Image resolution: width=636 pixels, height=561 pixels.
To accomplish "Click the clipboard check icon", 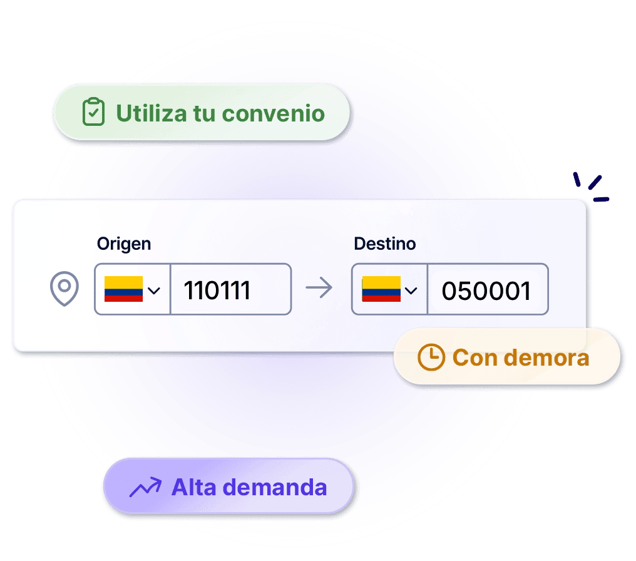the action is (93, 111).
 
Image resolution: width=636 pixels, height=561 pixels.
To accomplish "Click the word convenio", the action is (274, 113).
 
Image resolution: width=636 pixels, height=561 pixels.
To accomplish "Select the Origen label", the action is (124, 244).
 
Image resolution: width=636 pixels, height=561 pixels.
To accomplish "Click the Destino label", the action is (384, 244).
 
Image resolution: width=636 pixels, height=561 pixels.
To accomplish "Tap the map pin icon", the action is (64, 289).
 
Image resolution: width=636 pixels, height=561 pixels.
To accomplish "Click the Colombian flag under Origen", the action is (124, 289).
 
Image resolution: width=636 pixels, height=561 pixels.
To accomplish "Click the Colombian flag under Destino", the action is (381, 289).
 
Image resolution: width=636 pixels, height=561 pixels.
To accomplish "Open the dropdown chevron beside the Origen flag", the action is (154, 291).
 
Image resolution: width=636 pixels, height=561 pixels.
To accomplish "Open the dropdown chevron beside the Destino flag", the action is (411, 291).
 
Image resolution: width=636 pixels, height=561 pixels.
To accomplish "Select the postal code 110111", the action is (217, 291).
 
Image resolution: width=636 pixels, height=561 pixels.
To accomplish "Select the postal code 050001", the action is (486, 291).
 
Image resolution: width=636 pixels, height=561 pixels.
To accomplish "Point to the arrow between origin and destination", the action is (319, 287).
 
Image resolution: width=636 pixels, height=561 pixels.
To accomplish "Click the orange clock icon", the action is (431, 358).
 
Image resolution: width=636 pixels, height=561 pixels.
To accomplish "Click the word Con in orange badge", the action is (475, 358).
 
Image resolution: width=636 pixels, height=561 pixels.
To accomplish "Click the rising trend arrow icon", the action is (145, 486).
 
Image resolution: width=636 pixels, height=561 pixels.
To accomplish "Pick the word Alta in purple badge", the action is (193, 486).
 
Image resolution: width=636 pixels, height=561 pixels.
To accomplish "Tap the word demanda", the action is (275, 486).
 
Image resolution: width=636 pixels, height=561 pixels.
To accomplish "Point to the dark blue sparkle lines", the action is (591, 187).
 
